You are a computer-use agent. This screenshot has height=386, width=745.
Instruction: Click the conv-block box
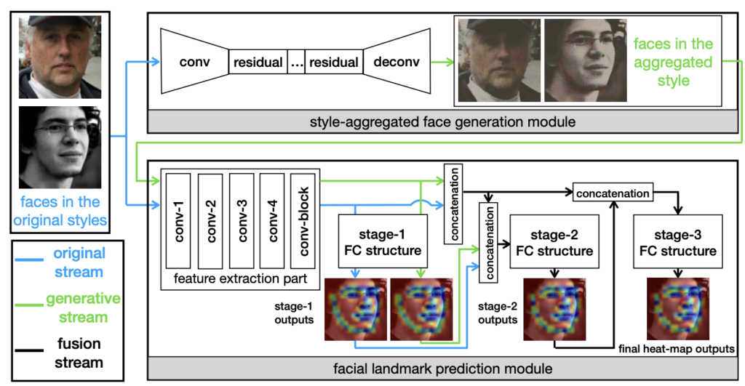click(302, 220)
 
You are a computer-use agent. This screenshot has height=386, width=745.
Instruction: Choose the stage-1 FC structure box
click(390, 243)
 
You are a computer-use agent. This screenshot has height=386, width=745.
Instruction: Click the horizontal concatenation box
click(612, 193)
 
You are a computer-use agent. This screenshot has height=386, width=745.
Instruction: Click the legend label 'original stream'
click(79, 262)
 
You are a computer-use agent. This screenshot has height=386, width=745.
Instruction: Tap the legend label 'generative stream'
click(79, 307)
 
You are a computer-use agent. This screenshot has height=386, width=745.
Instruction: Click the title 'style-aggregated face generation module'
click(443, 121)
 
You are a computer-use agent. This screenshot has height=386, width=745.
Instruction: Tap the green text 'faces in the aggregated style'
click(673, 62)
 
